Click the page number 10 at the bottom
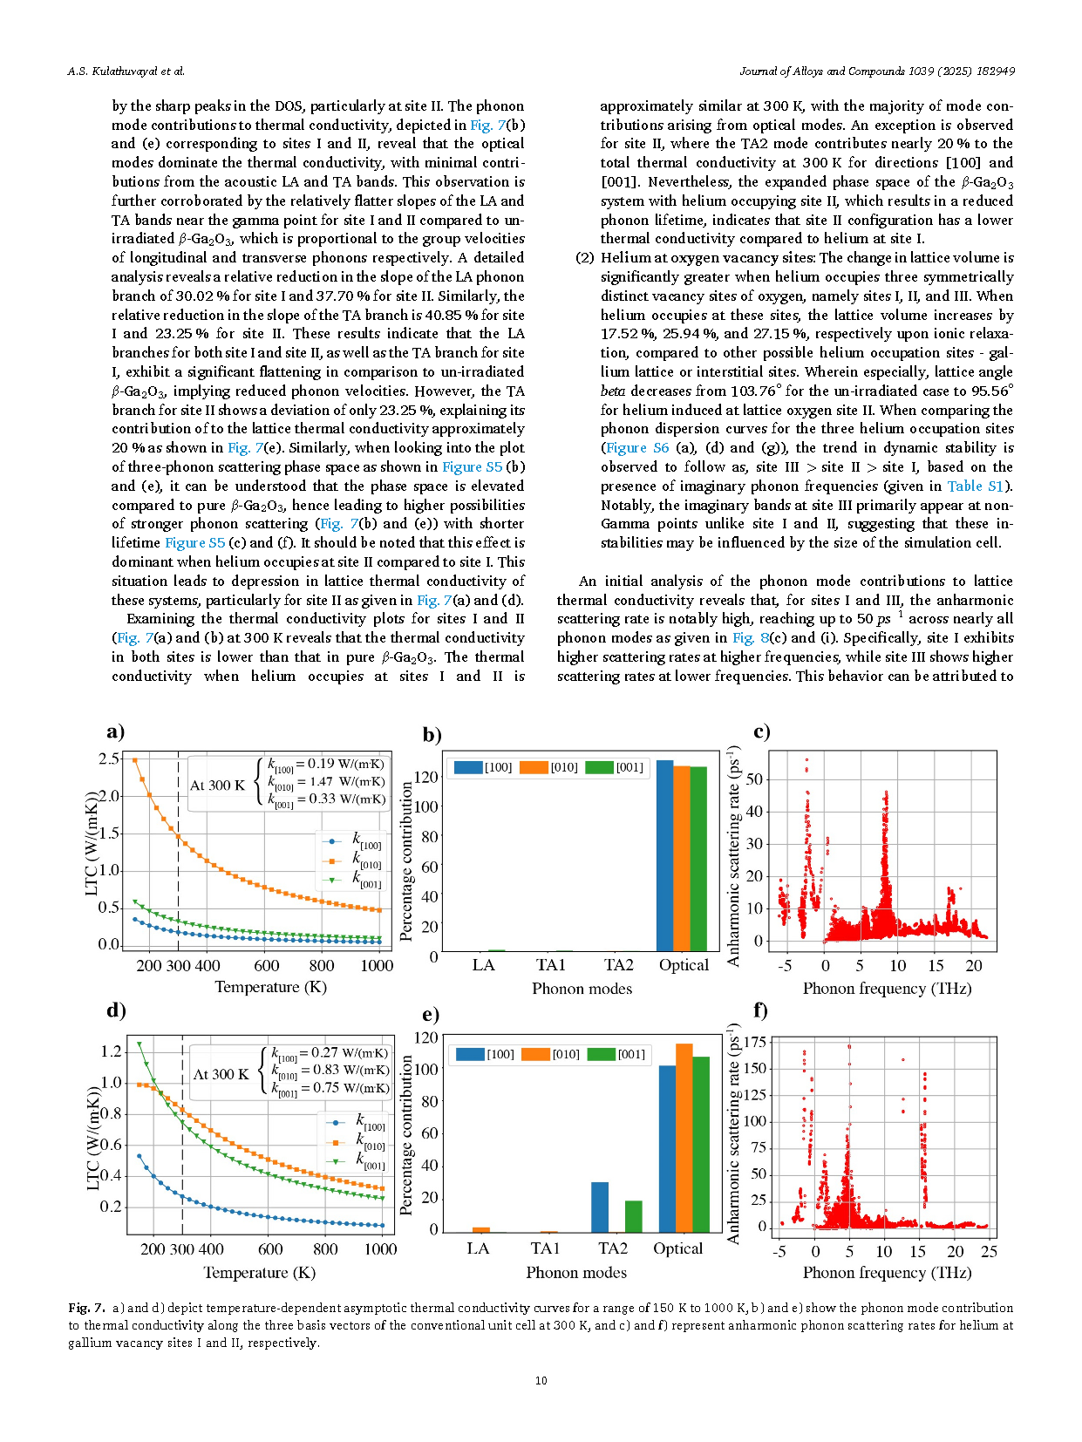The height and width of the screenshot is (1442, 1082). (541, 1380)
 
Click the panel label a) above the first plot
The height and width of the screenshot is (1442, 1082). (116, 731)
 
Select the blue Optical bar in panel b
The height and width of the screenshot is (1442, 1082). (665, 856)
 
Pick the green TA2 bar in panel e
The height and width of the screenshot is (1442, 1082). (633, 1216)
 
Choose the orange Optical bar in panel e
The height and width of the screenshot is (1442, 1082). (684, 1138)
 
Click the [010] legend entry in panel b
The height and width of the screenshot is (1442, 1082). (548, 767)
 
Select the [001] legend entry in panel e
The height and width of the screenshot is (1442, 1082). (616, 1054)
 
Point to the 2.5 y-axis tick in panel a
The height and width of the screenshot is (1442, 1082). (108, 758)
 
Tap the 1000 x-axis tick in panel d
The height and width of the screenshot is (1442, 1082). (380, 1248)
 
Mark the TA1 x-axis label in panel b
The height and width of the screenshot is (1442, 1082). (550, 964)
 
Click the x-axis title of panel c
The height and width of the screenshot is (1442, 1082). (887, 988)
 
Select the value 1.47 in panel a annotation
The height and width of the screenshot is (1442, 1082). (321, 782)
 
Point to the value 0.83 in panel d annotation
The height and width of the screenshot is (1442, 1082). (325, 1071)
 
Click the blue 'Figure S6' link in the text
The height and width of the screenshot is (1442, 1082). (636, 448)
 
